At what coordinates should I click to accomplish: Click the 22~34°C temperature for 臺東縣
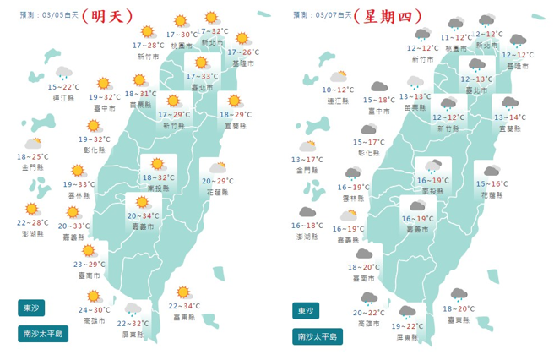tap(184, 305)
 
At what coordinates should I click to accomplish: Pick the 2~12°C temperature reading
tap(489, 34)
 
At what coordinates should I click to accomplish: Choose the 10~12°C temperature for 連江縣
tap(338, 89)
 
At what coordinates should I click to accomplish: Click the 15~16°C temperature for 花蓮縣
tap(492, 183)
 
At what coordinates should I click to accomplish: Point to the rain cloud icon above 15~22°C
tap(63, 74)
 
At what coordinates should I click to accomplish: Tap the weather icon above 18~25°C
tap(34, 144)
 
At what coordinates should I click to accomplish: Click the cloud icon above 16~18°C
tap(307, 213)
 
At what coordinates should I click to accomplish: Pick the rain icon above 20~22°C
tap(369, 298)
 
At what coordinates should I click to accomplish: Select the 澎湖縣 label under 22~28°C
tap(33, 236)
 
